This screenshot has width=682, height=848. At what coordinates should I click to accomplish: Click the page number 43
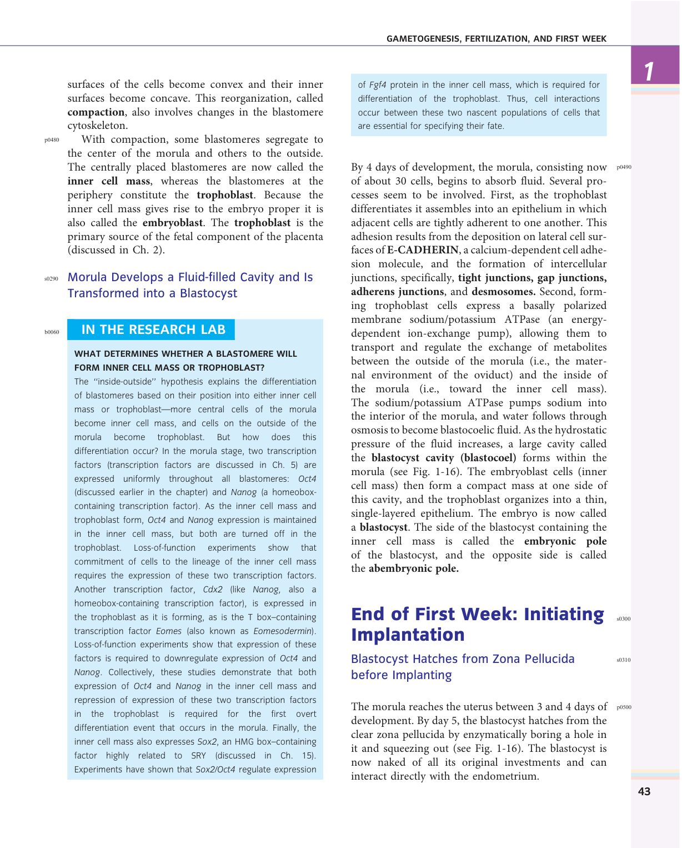pyautogui.click(x=644, y=792)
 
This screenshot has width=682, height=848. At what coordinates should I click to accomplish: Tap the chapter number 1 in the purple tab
pyautogui.click(x=649, y=71)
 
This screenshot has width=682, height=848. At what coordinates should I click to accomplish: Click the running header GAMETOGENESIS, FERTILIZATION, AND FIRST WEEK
pyautogui.click(x=496, y=39)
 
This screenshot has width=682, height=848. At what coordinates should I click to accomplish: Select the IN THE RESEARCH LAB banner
pyautogui.click(x=153, y=330)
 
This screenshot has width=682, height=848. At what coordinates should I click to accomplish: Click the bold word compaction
pyautogui.click(x=96, y=112)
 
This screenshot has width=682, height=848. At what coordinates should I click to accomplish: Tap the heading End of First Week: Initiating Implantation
pyautogui.click(x=477, y=624)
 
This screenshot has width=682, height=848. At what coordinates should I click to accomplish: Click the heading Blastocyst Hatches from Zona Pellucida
pyautogui.click(x=462, y=659)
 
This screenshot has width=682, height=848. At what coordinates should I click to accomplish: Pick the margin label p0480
pyautogui.click(x=52, y=140)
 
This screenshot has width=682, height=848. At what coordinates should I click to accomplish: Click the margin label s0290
pyautogui.click(x=51, y=278)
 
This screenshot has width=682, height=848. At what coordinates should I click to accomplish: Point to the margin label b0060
pyautogui.click(x=52, y=332)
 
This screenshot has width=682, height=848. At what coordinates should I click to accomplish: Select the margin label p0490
pyautogui.click(x=624, y=167)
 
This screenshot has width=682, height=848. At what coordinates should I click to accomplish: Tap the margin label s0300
pyautogui.click(x=623, y=618)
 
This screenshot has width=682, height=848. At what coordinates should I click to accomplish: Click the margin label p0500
pyautogui.click(x=624, y=707)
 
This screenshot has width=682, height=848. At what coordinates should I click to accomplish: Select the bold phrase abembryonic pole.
pyautogui.click(x=413, y=568)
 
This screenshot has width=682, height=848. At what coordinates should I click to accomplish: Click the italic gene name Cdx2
pyautogui.click(x=213, y=590)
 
